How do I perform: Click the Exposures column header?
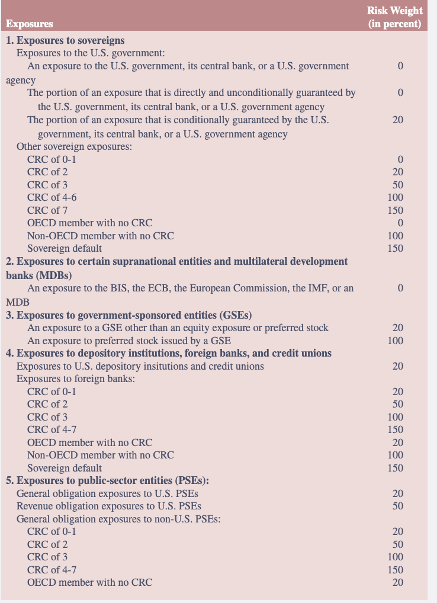tap(29, 24)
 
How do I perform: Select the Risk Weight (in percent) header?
tap(394, 17)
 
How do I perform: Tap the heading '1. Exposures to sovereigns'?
tap(65, 40)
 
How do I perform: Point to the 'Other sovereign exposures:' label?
tap(74, 146)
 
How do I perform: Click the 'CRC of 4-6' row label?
tap(52, 197)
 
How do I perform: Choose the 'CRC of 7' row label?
tap(47, 210)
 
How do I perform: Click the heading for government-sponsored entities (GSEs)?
tap(133, 315)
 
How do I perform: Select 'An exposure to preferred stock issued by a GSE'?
tap(129, 341)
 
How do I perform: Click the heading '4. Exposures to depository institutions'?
tap(169, 353)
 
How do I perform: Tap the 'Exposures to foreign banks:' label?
tap(76, 379)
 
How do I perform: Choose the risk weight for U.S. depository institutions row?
tap(397, 366)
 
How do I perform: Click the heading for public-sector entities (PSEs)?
tap(107, 480)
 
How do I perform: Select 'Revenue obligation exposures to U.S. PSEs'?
tap(108, 506)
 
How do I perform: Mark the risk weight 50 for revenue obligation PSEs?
tap(397, 506)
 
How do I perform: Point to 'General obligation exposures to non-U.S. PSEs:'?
tap(119, 519)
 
